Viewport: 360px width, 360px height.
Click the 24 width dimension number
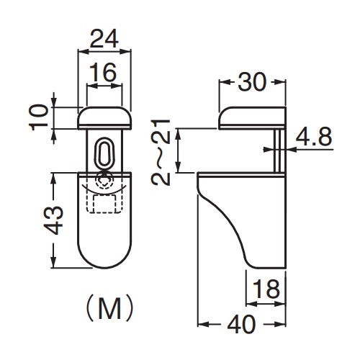click(x=104, y=38)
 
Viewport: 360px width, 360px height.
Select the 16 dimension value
click(x=103, y=72)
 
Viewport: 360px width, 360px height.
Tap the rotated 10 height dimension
click(x=38, y=117)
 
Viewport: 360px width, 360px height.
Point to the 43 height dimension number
click(x=53, y=220)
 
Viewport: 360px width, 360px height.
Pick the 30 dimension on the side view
click(x=252, y=82)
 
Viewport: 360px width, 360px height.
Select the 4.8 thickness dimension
click(x=314, y=137)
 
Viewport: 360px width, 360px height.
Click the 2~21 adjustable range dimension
click(x=161, y=153)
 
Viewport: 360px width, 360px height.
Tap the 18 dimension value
click(x=266, y=289)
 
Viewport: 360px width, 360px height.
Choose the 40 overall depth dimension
click(x=241, y=324)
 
